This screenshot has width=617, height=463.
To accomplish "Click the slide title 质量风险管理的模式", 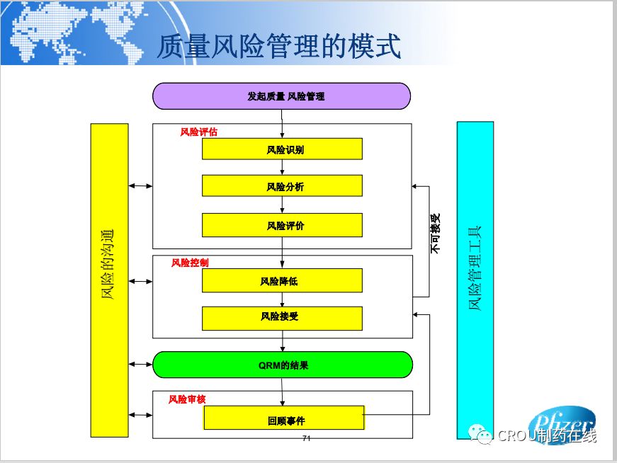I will coord(278,46).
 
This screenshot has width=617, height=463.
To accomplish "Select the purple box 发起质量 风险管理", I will coord(281,96).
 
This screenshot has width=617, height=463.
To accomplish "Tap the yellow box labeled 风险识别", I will coord(282,149).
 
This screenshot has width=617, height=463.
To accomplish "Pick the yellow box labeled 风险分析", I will coord(282,186).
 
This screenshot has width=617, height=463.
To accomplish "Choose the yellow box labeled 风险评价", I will coord(282,225).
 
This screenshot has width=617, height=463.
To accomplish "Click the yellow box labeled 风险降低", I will coord(282,280).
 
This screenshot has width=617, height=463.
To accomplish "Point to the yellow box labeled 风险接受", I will coord(282,318).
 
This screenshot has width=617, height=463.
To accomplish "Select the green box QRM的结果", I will coord(282,365).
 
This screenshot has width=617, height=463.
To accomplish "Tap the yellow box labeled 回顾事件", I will coord(283,418).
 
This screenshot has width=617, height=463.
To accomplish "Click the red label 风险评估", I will coord(199,132).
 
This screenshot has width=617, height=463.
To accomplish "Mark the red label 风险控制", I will coord(190,263).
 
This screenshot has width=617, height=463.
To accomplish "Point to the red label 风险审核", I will coord(187,399).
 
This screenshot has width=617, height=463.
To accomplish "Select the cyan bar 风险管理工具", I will coord(475,269).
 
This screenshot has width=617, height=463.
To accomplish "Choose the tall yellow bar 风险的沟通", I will coord(109,280).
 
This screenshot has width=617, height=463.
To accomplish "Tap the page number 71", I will coord(307,439).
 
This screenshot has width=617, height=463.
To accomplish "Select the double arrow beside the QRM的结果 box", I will coord(140,365).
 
